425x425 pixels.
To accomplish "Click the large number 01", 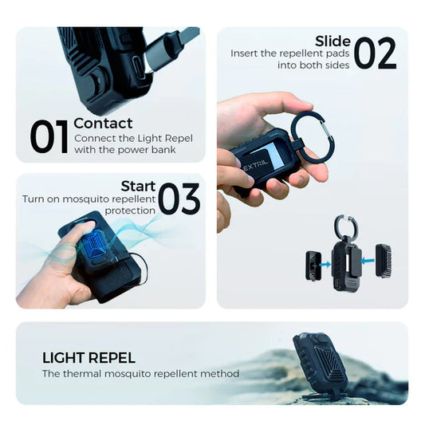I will coord(49,136).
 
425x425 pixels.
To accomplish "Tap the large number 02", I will coord(375,53).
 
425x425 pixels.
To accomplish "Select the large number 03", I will coord(179,199).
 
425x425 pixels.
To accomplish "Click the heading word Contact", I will coord(103,123).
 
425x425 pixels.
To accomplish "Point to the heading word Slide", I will coord(333,41).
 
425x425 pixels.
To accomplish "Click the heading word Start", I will coord(138,187).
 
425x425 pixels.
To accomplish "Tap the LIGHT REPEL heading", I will coord(89,357).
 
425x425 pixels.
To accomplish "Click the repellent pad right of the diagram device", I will coord(383,260).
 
